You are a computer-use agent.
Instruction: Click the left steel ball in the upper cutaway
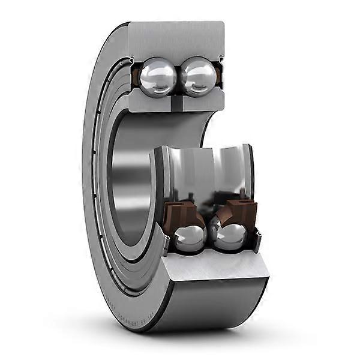pyautogui.click(x=158, y=76)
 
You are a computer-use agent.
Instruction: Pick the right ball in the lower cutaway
pyautogui.click(x=230, y=235)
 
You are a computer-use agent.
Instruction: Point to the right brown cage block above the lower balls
pyautogui.click(x=240, y=211)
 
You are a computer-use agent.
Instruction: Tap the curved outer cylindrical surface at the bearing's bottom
pyautogui.click(x=216, y=306)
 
